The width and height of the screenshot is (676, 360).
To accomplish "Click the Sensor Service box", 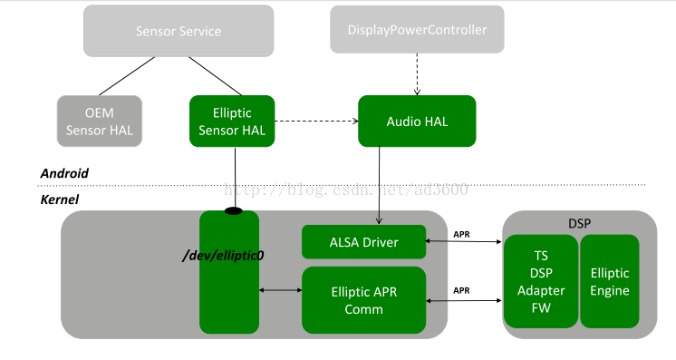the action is click(x=179, y=31).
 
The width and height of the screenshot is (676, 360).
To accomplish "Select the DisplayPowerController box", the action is click(x=417, y=29).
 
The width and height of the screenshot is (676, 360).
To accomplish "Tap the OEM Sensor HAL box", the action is click(x=100, y=122).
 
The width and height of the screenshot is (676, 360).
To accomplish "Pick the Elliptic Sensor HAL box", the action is click(x=232, y=122).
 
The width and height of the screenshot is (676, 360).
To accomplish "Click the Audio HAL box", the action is click(x=417, y=122).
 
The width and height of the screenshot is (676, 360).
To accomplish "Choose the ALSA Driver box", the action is click(x=364, y=242).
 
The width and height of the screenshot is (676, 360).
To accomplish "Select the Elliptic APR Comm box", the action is click(x=364, y=300).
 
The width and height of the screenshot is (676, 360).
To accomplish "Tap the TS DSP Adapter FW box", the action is click(x=541, y=281).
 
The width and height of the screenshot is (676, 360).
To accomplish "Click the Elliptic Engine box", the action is click(x=610, y=281).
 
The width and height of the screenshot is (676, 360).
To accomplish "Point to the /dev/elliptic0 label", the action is click(x=223, y=256).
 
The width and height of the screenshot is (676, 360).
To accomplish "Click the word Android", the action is click(x=64, y=173).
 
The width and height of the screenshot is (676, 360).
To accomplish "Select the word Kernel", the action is click(x=60, y=199).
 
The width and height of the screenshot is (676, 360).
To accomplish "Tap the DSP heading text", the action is click(x=579, y=223).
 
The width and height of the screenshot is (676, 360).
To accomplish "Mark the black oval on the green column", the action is click(x=234, y=211).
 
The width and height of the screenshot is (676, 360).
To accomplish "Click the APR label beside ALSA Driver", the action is click(x=461, y=234).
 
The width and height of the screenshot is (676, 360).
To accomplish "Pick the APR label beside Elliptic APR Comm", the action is click(x=461, y=290).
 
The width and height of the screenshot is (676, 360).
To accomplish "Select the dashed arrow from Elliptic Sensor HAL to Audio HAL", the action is click(x=316, y=121).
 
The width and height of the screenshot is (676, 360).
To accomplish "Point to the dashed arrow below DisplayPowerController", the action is click(x=417, y=74).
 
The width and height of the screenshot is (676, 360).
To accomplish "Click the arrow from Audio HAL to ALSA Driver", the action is click(x=379, y=186).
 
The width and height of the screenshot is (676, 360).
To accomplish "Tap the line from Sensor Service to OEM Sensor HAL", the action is click(x=127, y=76).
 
